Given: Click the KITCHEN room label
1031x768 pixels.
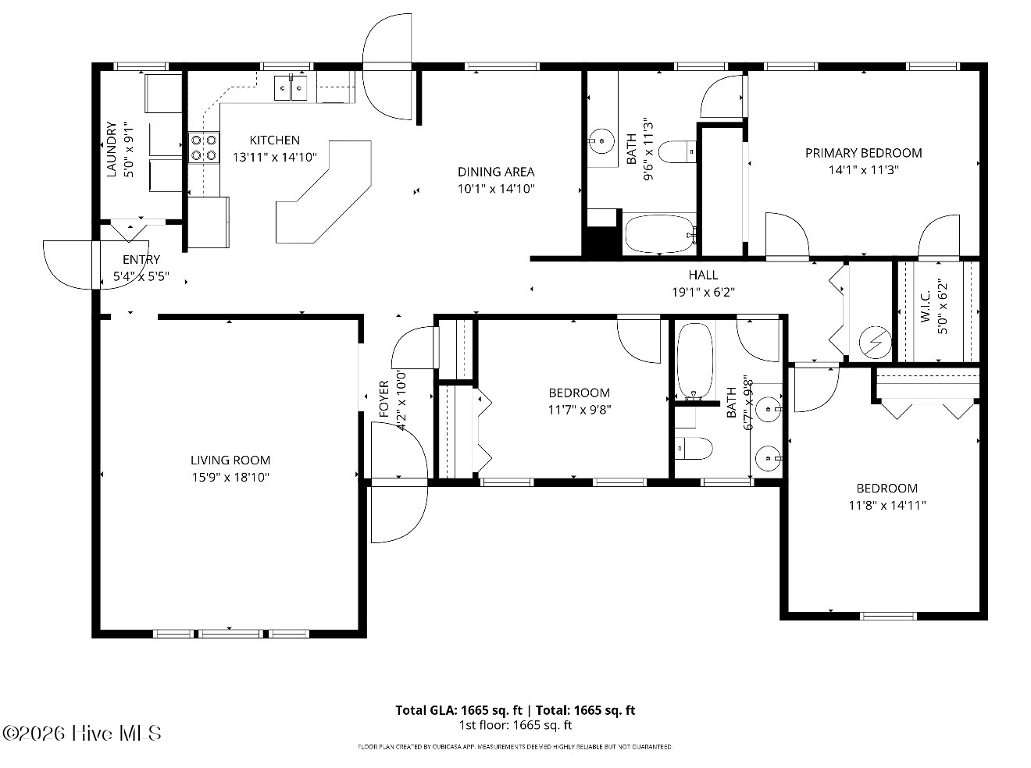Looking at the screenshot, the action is click(x=274, y=140).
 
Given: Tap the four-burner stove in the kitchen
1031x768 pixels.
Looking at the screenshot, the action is click(x=204, y=148).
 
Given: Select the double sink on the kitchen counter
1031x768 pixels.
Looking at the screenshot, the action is click(x=291, y=87).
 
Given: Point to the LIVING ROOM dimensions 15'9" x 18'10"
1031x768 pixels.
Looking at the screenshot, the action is click(x=230, y=477).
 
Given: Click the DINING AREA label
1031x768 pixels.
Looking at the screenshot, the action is click(x=496, y=172).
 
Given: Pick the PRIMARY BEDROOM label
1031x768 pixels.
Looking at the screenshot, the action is click(x=863, y=153).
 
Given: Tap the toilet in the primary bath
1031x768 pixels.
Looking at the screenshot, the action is click(x=677, y=151).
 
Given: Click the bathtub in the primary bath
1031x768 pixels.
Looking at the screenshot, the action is click(x=660, y=233).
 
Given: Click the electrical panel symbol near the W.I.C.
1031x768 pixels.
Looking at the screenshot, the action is click(x=875, y=342).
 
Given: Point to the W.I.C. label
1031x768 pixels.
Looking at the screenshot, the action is click(x=926, y=307).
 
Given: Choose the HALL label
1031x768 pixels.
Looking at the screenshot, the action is click(x=703, y=275).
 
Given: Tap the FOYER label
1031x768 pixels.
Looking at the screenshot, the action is click(x=384, y=399).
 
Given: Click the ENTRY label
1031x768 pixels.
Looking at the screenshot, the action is click(x=141, y=259).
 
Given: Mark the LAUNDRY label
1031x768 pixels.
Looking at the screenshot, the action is click(x=112, y=149).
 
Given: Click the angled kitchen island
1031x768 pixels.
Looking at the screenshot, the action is click(x=323, y=192).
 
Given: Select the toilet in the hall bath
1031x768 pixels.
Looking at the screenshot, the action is click(x=694, y=449).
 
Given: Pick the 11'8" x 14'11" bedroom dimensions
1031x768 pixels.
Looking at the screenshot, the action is click(x=887, y=505).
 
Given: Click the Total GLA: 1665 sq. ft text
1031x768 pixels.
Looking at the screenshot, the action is click(x=459, y=710).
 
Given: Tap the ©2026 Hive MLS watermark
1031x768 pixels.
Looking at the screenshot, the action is click(x=82, y=734).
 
